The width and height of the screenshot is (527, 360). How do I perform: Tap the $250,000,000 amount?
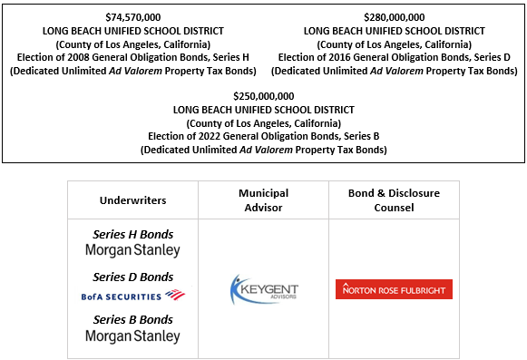[263, 95]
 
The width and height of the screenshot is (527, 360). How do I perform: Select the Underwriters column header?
[132, 200]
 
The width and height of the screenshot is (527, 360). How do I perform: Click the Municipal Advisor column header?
[263, 200]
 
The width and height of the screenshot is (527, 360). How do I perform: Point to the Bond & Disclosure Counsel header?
[394, 200]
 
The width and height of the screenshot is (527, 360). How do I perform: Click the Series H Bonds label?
[132, 234]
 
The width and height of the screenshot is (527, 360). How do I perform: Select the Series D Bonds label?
[132, 277]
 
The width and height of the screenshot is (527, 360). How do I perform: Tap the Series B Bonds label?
[132, 319]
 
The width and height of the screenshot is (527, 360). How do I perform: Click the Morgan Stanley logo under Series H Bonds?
[132, 249]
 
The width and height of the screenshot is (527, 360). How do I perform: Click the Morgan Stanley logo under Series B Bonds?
[132, 336]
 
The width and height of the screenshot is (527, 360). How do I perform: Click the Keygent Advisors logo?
[264, 289]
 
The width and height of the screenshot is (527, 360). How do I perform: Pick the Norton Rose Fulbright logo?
[394, 290]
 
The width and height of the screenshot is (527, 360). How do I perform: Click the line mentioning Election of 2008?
[133, 56]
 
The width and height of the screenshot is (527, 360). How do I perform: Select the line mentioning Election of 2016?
[394, 56]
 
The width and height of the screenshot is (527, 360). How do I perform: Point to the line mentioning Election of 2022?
[263, 135]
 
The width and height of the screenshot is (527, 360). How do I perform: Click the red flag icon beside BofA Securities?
[176, 295]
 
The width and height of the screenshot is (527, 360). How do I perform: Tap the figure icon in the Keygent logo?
[238, 289]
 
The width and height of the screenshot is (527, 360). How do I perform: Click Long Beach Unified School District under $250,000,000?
[263, 109]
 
